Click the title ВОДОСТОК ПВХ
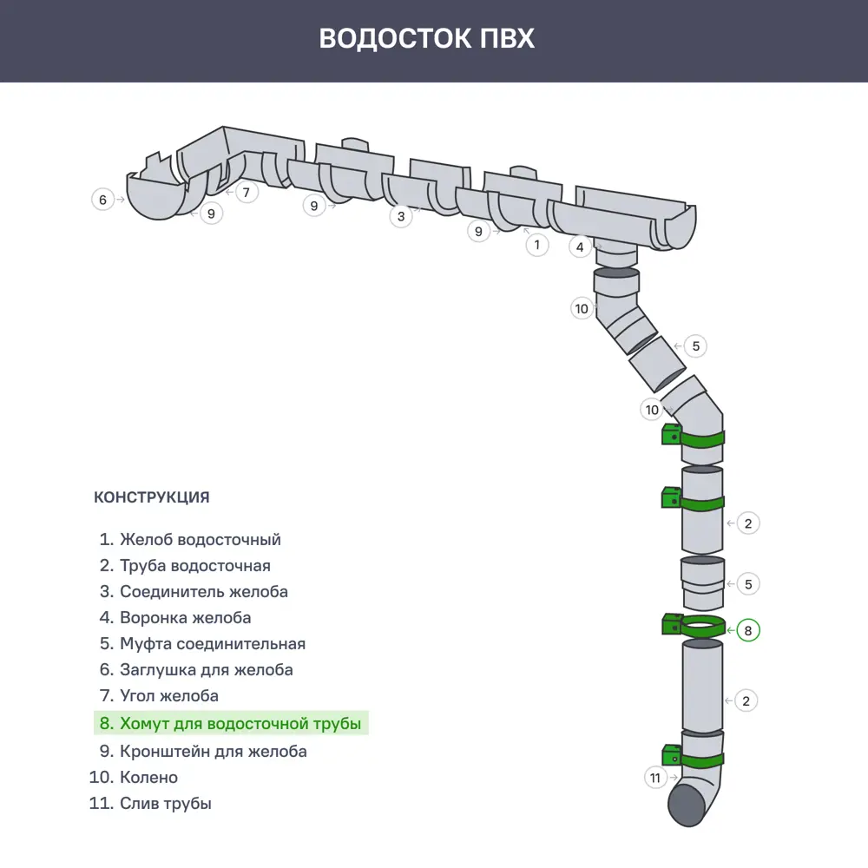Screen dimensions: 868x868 426,39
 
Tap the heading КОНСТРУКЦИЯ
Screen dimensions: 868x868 151,498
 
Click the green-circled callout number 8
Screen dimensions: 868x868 748,630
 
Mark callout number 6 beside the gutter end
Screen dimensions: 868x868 102,200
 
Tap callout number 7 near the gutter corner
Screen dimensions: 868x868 247,192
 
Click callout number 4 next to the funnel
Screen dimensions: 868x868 581,247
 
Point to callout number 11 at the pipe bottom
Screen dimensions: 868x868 655,778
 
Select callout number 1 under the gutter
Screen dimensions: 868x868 537,245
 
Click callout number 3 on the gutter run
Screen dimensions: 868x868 400,216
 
